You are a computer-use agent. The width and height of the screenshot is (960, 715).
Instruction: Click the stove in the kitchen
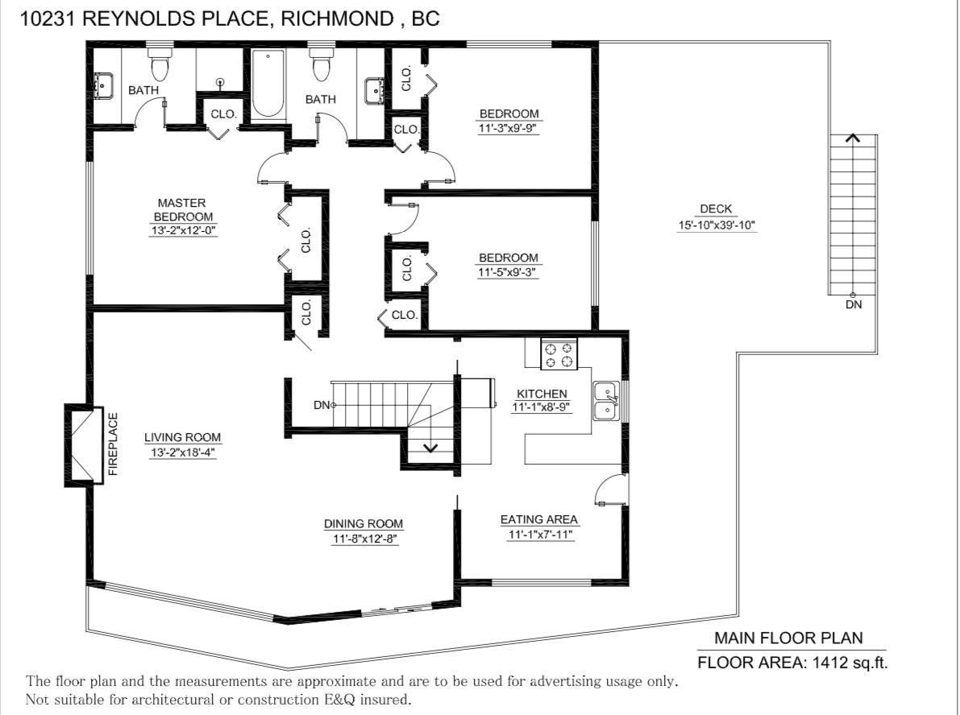(x=559, y=354)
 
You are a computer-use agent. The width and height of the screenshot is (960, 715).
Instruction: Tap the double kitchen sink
(x=606, y=401)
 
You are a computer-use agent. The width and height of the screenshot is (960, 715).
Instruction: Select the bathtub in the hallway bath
(x=268, y=84)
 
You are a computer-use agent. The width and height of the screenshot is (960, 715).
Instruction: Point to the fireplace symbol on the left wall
(x=82, y=445)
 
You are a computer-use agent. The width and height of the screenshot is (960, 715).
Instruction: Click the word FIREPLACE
(x=114, y=444)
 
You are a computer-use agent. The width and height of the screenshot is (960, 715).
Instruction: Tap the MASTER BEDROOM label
(x=182, y=210)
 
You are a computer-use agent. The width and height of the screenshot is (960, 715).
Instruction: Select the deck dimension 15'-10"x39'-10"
(x=717, y=225)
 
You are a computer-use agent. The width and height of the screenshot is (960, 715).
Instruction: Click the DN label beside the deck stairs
(x=854, y=304)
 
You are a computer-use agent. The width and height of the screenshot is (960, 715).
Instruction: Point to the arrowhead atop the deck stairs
(x=853, y=138)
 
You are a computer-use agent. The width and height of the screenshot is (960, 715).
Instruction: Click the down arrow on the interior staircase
(x=430, y=447)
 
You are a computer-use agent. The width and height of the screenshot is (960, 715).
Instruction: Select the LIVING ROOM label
(x=182, y=437)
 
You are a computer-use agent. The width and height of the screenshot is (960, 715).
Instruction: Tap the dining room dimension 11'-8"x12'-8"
(x=365, y=539)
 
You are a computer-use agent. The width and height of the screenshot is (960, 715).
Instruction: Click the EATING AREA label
(x=538, y=519)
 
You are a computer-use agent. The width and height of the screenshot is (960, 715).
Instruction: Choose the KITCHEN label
(x=542, y=394)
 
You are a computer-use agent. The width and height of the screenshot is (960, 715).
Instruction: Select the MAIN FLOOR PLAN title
(x=788, y=638)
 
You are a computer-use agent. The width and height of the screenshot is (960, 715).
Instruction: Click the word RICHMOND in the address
(x=337, y=19)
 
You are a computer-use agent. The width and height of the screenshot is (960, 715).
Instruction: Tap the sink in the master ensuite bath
(x=103, y=86)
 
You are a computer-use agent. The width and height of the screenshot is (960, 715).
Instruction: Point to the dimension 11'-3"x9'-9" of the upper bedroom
(x=508, y=129)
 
